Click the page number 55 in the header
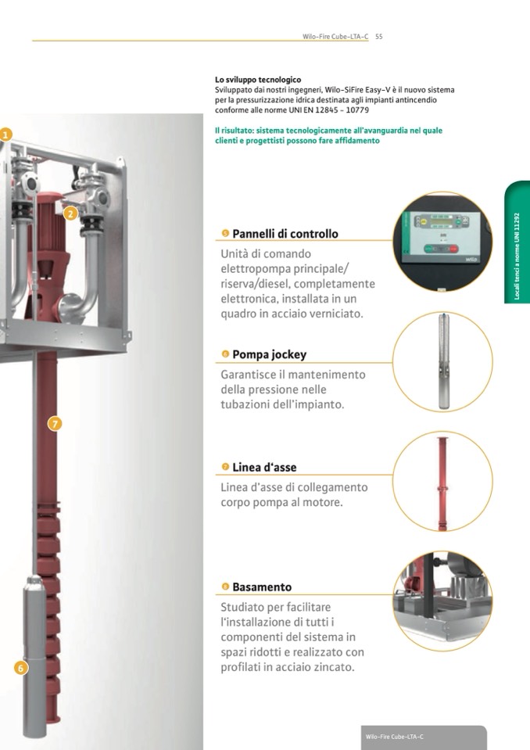click(x=379, y=36)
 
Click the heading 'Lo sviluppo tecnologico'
click(x=258, y=80)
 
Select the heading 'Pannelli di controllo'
click(x=285, y=234)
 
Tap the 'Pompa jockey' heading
click(x=270, y=354)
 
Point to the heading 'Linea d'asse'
click(x=264, y=468)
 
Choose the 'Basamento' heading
click(x=262, y=587)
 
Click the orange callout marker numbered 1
click(x=5, y=135)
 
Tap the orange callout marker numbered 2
click(x=70, y=214)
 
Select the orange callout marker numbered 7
click(x=55, y=423)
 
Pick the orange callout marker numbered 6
click(x=20, y=668)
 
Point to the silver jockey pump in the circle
click(x=444, y=361)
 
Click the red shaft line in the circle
click(x=442, y=483)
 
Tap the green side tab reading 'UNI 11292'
click(x=517, y=242)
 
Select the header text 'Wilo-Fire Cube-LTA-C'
click(x=335, y=36)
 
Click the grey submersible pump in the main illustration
click(x=34, y=656)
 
